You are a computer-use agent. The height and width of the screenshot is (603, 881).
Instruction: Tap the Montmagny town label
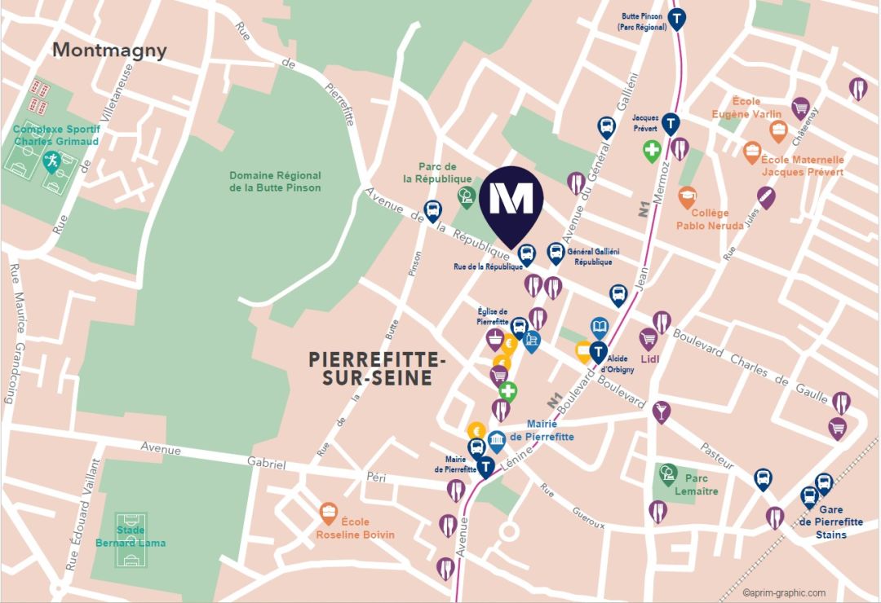[109, 50]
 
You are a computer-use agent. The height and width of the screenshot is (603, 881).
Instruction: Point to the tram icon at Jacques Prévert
[670, 123]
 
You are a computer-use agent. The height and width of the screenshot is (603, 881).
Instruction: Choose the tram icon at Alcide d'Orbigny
[599, 352]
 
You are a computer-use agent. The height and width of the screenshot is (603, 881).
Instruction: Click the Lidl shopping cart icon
[649, 337]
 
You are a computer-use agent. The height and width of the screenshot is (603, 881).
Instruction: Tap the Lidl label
[649, 359]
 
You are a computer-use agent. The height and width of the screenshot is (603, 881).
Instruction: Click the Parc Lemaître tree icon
[668, 473]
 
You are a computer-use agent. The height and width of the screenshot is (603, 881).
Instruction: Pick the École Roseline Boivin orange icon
[329, 512]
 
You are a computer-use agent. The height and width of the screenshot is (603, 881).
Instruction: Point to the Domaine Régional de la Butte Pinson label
[275, 182]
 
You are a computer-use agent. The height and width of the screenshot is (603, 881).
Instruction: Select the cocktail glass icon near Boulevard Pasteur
[661, 411]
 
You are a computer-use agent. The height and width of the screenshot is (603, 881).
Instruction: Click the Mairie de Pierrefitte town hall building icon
[496, 442]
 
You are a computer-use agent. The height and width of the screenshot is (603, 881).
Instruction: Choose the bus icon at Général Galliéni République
[556, 252]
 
